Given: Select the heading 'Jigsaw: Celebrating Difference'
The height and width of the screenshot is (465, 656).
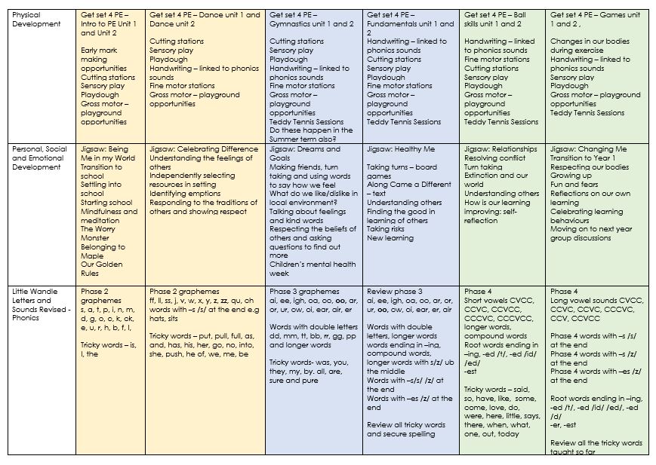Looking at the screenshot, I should coord(203,149).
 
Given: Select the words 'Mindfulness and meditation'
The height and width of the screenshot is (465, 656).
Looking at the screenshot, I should coord(109,216).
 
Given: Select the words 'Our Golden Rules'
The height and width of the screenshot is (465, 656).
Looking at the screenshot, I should coord(100,269).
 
